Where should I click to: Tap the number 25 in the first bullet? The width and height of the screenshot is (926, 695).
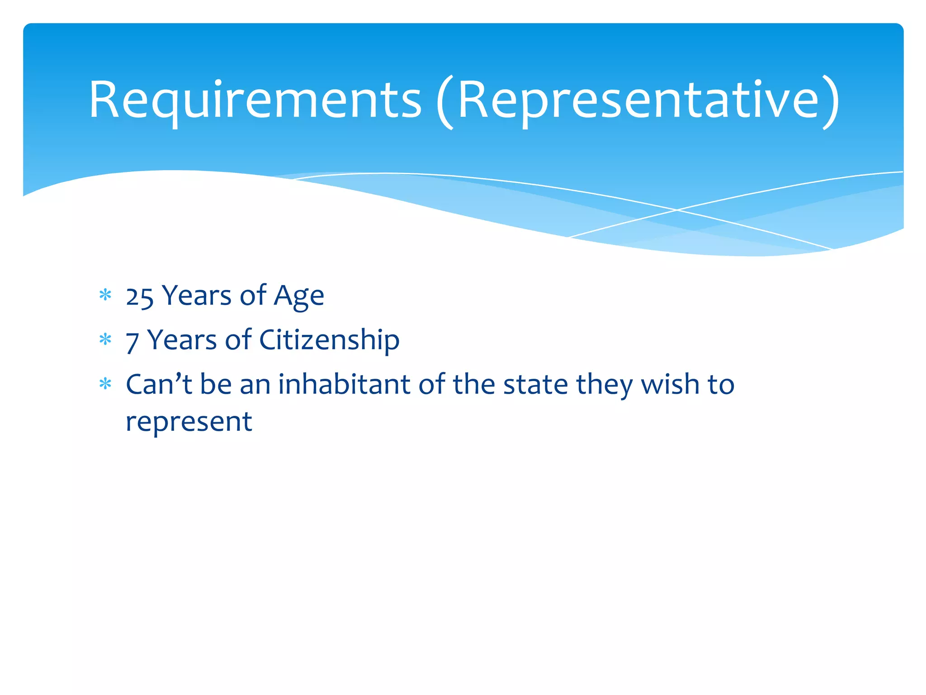140,297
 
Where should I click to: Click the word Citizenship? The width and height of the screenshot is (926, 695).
329,340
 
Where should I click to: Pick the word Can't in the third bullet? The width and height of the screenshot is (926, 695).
159,385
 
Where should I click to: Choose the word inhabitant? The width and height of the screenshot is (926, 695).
344,385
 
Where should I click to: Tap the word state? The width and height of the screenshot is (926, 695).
535,385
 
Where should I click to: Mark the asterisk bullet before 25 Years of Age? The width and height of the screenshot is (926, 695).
105,295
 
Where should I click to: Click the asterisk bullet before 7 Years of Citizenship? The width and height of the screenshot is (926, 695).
105,339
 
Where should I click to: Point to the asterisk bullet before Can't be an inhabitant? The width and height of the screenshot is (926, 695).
105,384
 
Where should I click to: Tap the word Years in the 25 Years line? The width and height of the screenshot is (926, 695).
197,296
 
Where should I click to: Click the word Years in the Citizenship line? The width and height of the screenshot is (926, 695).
182,340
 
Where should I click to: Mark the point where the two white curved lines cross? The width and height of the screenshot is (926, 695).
677,210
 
